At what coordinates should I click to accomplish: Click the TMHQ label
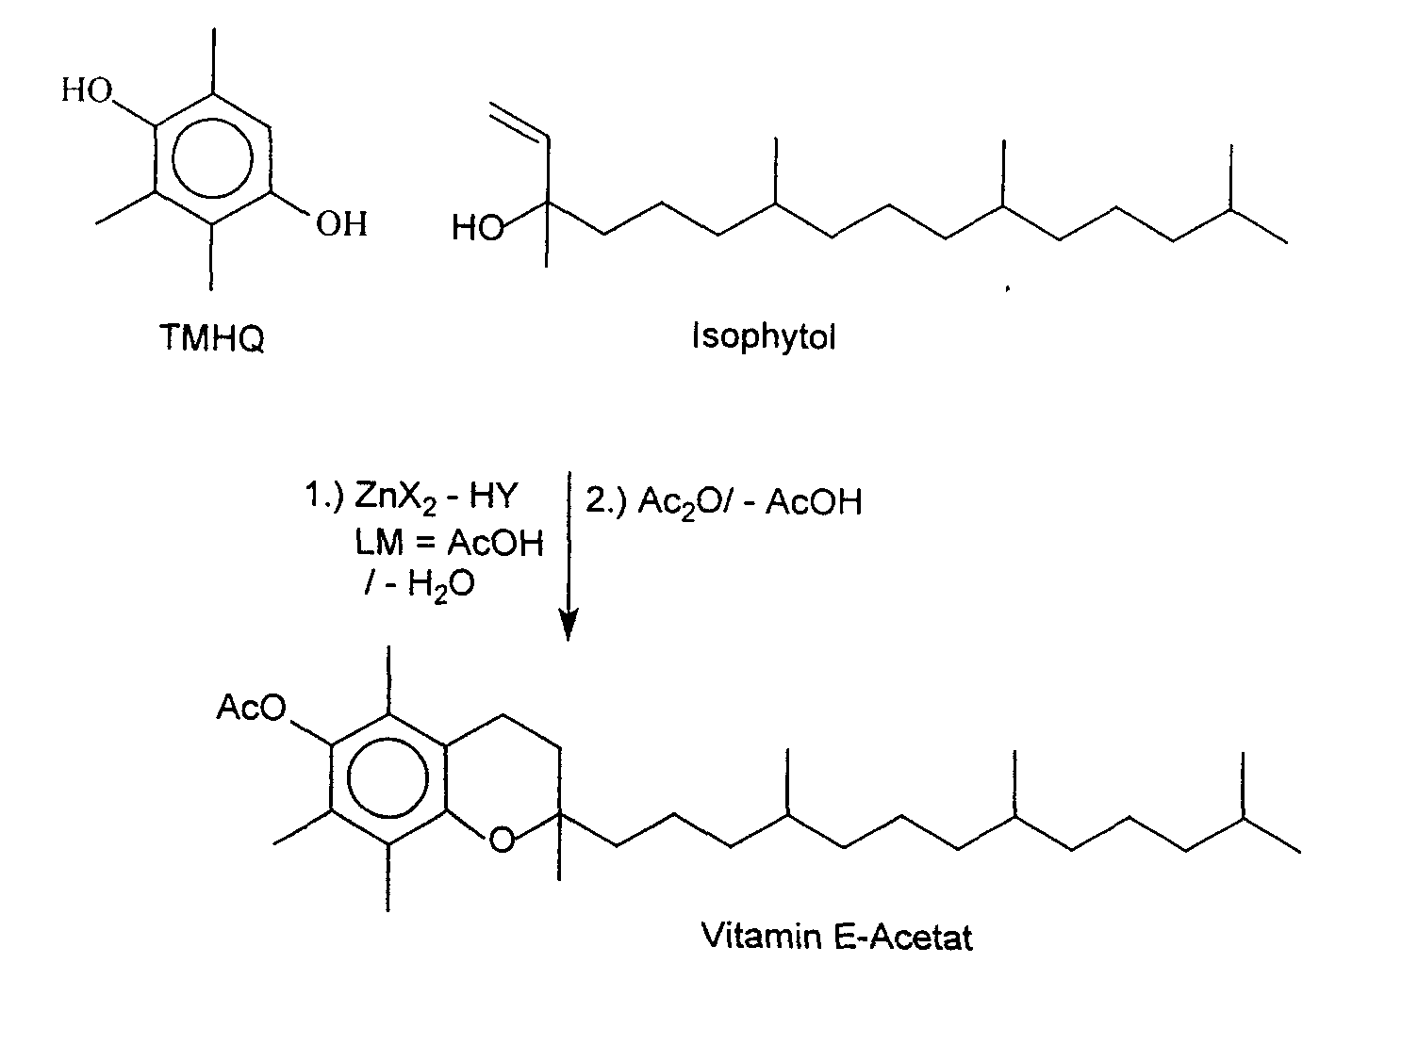pyautogui.click(x=212, y=337)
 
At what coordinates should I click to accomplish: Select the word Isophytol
pyautogui.click(x=764, y=336)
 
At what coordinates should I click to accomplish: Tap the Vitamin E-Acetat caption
pyautogui.click(x=837, y=936)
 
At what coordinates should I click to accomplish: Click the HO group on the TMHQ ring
pyautogui.click(x=87, y=91)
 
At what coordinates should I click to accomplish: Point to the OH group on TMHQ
pyautogui.click(x=341, y=224)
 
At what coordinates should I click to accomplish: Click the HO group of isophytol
pyautogui.click(x=477, y=228)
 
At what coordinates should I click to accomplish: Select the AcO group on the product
pyautogui.click(x=251, y=707)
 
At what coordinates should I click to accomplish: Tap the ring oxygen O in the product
pyautogui.click(x=503, y=838)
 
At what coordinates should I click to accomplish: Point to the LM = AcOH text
pyautogui.click(x=449, y=543)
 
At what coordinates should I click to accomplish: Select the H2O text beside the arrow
pyautogui.click(x=440, y=585)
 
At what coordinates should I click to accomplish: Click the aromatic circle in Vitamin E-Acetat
pyautogui.click(x=387, y=778)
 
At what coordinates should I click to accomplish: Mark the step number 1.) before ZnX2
pyautogui.click(x=322, y=498)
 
